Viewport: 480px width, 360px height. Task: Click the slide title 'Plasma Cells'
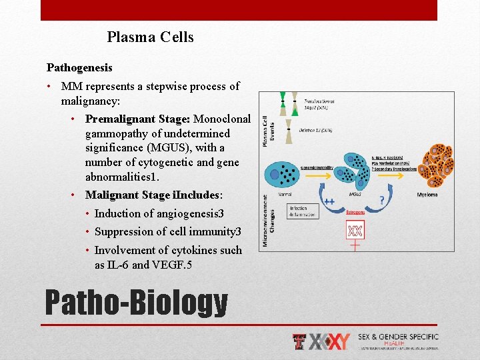click(x=150, y=37)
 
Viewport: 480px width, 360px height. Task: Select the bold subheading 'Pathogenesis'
click(x=79, y=67)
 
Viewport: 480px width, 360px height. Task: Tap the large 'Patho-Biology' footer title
click(x=136, y=303)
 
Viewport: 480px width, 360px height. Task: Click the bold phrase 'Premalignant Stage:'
click(x=137, y=119)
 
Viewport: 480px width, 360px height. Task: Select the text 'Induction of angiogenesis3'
click(x=159, y=214)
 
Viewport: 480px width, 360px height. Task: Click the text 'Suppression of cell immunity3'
click(x=167, y=232)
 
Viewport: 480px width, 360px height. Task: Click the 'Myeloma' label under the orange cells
click(x=427, y=195)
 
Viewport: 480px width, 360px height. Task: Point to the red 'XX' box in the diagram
click(x=355, y=230)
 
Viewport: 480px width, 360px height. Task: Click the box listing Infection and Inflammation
click(x=303, y=211)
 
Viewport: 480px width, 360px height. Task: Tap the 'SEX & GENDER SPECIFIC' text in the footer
click(x=398, y=337)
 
